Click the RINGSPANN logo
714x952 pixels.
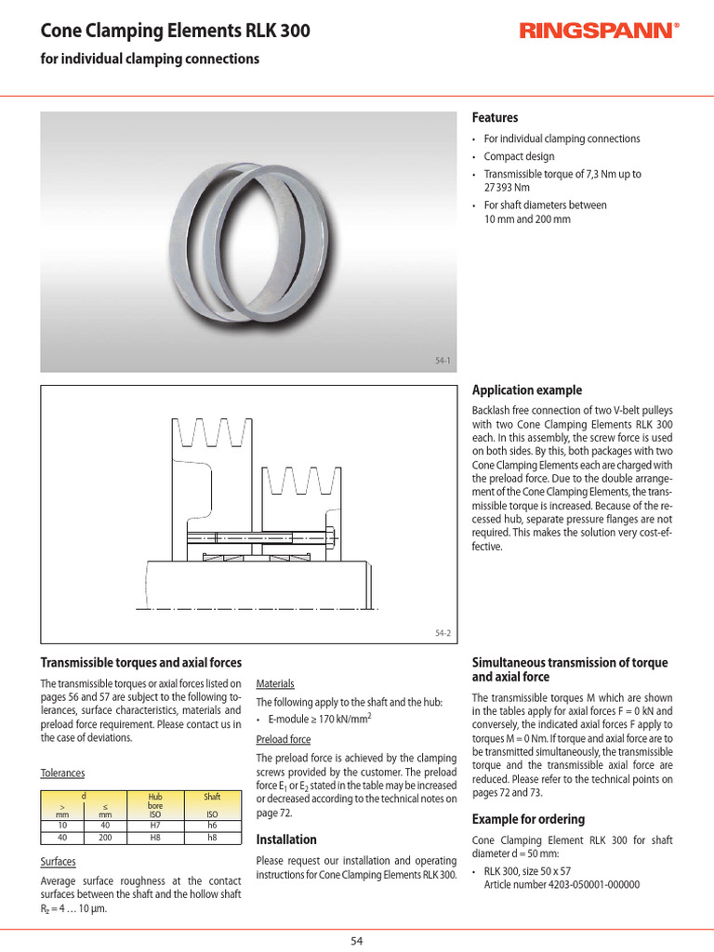coord(599,33)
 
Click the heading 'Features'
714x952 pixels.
coord(495,118)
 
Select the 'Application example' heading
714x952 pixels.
coord(527,390)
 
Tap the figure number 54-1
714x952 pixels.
coord(443,361)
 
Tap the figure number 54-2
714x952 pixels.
coord(443,633)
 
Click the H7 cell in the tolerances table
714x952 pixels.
coord(155,825)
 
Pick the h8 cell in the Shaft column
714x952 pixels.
coord(212,837)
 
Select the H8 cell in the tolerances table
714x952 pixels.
coord(155,837)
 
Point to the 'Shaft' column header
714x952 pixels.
coord(212,797)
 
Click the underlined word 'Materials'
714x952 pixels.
coord(275,683)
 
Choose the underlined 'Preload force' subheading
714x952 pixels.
coord(284,740)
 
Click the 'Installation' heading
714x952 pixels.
coord(286,840)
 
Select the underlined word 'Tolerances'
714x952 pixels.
coord(62,773)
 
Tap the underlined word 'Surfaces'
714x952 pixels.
coord(59,862)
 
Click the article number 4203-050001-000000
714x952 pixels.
coord(562,884)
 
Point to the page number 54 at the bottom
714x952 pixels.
coord(357,941)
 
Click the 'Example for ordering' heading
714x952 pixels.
coord(528,819)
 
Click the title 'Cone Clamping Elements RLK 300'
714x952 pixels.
coord(175,32)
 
